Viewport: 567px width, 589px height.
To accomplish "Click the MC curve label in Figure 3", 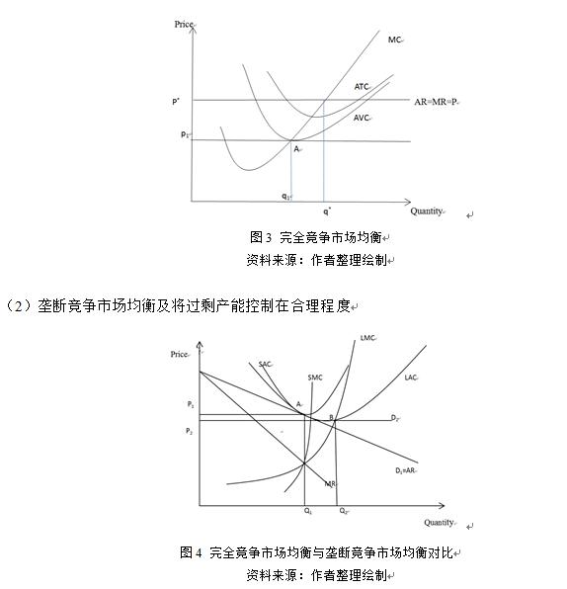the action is [394, 40].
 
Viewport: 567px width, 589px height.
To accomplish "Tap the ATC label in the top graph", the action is [361, 87].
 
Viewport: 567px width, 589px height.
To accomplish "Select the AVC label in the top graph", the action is [361, 118].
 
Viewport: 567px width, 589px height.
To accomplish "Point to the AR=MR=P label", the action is [438, 101].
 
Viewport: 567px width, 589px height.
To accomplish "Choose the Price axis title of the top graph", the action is [183, 23].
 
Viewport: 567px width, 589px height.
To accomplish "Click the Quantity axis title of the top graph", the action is [427, 210].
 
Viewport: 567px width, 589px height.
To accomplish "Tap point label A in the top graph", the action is [296, 148].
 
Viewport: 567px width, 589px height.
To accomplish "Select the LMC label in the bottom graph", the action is [367, 338].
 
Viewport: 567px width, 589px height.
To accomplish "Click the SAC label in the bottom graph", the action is [264, 365].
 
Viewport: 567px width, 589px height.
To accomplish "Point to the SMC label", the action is [314, 378].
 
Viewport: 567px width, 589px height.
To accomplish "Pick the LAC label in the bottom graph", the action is [411, 378].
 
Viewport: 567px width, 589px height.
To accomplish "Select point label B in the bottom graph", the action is [332, 420].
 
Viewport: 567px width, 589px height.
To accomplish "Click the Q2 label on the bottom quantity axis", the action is [343, 511].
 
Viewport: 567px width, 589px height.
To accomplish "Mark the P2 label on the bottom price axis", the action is [190, 432].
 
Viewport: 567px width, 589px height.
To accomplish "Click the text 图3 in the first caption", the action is [260, 237].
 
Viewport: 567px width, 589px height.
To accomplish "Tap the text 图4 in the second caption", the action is [191, 552].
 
